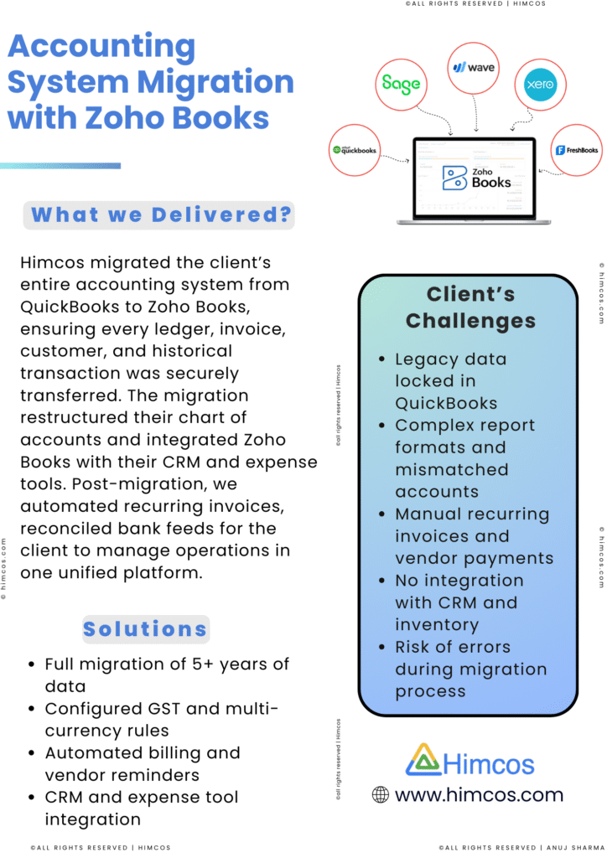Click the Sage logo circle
(x=401, y=84)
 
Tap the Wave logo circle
(x=475, y=66)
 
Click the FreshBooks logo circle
(x=577, y=150)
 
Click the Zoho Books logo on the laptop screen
(x=476, y=177)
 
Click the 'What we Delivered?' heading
(x=159, y=215)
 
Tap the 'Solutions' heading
(x=145, y=628)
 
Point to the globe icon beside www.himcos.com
(x=381, y=794)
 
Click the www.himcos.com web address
(x=479, y=794)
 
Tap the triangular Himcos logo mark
(x=423, y=759)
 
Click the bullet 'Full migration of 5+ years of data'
(x=167, y=675)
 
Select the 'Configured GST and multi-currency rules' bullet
(x=162, y=719)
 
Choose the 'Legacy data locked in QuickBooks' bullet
(x=450, y=380)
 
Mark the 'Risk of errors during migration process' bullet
(x=470, y=669)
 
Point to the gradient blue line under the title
(x=60, y=166)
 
